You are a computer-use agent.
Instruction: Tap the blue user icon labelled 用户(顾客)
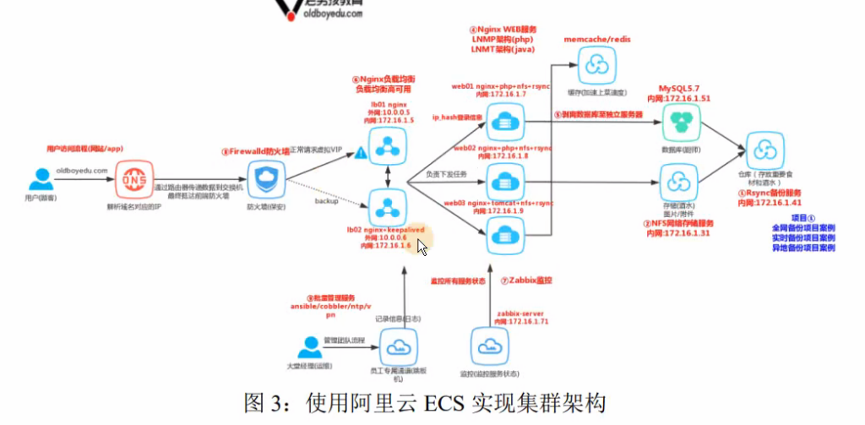(41, 180)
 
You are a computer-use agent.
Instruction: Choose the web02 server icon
(504, 182)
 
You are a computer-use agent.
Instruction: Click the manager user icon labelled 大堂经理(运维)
(310, 346)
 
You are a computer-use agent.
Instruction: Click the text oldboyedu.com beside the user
(82, 170)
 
